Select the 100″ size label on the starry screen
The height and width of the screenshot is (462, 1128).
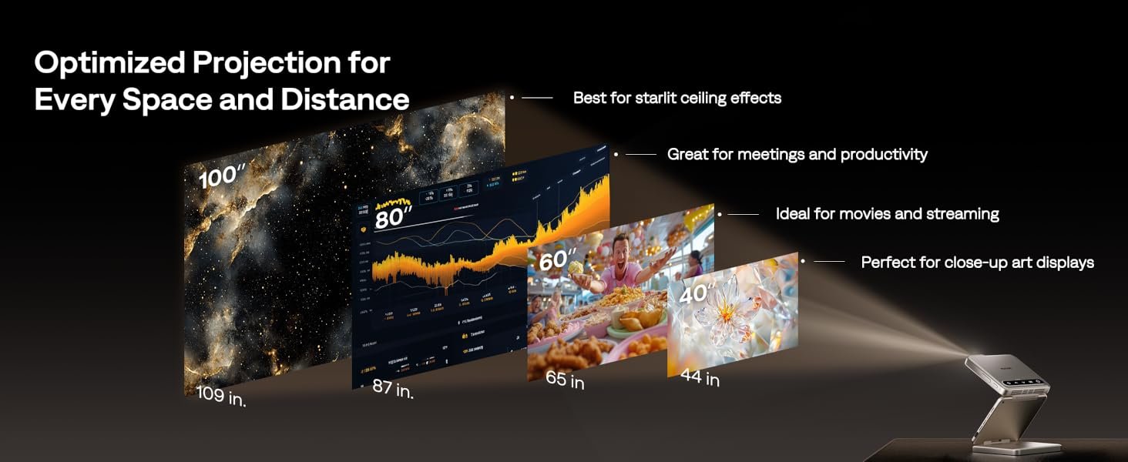pos(222,177)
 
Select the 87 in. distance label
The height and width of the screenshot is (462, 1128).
pos(393,389)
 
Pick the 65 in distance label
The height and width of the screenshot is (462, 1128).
pos(565,380)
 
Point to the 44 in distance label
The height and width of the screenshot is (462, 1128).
pos(700,378)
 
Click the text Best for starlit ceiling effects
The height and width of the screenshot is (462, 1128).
pos(677,98)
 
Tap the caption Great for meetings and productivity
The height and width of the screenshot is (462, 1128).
pos(797,154)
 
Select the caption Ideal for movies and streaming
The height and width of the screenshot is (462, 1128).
pos(888,214)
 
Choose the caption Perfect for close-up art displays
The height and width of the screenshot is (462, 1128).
pos(977,263)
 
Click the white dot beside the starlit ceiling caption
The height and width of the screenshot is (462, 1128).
pos(512,98)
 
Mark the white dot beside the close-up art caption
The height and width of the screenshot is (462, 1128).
pos(803,262)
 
